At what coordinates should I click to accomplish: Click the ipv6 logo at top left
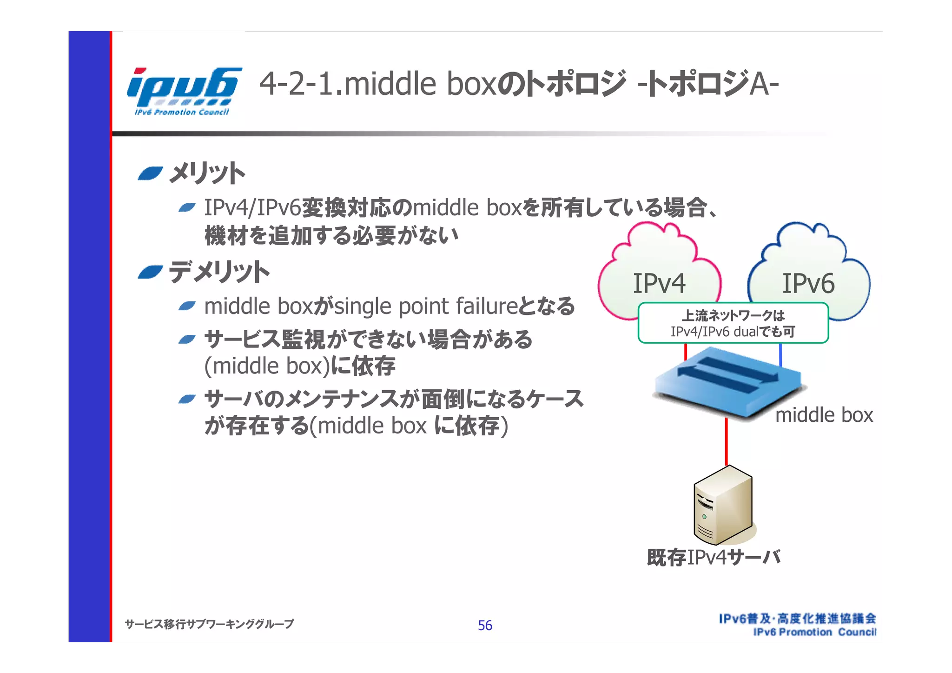183,91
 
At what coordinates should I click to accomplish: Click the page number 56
485,626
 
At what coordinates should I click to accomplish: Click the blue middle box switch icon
727,381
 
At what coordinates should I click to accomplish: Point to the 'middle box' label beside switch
824,415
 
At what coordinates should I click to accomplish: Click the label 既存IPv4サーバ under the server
714,557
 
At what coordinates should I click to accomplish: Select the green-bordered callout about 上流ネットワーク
733,323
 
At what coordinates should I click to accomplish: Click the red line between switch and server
727,442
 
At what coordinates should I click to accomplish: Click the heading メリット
207,174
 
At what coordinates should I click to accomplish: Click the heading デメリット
218,272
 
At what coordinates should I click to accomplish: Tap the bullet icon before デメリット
150,272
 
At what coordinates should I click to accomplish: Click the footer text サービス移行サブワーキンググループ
209,624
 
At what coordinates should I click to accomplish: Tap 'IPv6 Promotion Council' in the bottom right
814,632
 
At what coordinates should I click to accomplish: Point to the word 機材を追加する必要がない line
331,235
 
